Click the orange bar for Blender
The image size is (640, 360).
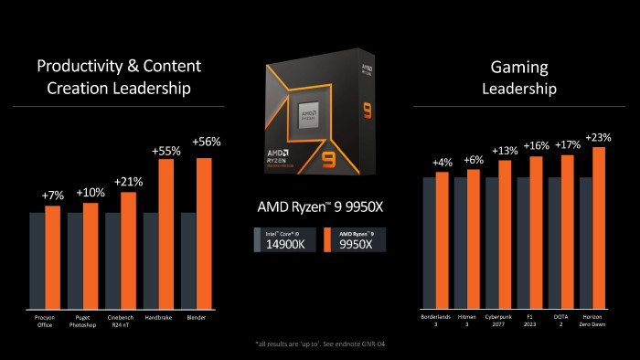click(x=205, y=233)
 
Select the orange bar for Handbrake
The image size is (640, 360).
click(x=166, y=233)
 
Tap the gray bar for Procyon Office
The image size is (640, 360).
click(x=37, y=260)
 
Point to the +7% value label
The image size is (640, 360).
click(x=53, y=196)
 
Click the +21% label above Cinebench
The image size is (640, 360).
click(x=128, y=182)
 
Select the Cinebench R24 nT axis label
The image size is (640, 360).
click(x=121, y=322)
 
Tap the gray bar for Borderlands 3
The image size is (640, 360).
click(x=429, y=242)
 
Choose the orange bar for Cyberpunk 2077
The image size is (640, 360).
click(x=505, y=233)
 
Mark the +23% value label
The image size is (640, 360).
click(x=599, y=137)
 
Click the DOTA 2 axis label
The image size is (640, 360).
click(x=560, y=322)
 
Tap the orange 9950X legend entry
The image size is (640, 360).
click(x=355, y=240)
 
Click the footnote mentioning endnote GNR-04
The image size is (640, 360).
click(x=319, y=344)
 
